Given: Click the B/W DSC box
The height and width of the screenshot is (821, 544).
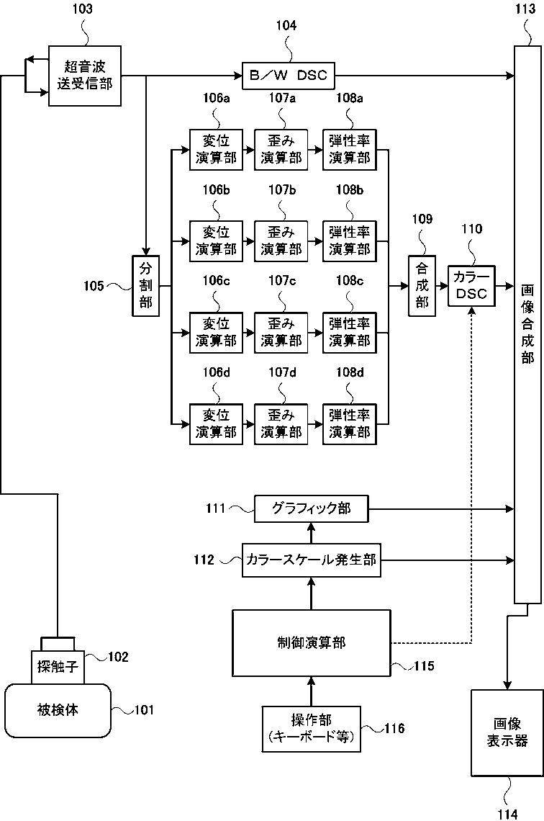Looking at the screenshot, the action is pyautogui.click(x=289, y=76).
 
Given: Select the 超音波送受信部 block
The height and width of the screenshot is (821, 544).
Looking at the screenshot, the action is pyautogui.click(x=85, y=76).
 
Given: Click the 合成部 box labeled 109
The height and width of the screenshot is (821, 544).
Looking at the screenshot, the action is pyautogui.click(x=422, y=286).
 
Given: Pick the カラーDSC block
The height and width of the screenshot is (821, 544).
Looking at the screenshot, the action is pyautogui.click(x=471, y=286).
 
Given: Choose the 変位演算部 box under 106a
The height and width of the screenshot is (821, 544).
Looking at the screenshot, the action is pyautogui.click(x=216, y=150).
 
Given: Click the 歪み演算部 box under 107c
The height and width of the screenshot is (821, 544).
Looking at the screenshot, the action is pyautogui.click(x=281, y=333).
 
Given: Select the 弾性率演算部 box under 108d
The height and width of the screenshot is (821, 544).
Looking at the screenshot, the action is pyautogui.click(x=350, y=424).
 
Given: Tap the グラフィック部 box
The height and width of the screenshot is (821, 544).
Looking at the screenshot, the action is pyautogui.click(x=311, y=508).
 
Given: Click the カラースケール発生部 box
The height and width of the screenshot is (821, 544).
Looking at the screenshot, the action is pyautogui.click(x=311, y=560).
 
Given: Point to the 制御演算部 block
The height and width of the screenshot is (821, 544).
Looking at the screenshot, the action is pyautogui.click(x=312, y=642).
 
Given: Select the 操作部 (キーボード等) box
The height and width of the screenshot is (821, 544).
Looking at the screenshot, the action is pyautogui.click(x=312, y=728).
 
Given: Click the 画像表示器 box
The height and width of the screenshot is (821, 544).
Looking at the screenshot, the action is pyautogui.click(x=507, y=732).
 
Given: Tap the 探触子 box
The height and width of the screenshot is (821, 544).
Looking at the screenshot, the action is pyautogui.click(x=58, y=665).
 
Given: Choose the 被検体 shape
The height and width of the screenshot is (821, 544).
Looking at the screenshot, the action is pyautogui.click(x=58, y=710).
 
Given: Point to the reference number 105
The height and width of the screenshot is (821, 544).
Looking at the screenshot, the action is pyautogui.click(x=94, y=286).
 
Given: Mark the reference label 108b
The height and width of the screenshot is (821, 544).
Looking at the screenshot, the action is pyautogui.click(x=350, y=189).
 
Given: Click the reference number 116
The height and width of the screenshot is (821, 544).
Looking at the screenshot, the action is pyautogui.click(x=394, y=728).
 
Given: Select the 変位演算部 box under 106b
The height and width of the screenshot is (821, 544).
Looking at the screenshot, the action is pyautogui.click(x=216, y=241).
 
